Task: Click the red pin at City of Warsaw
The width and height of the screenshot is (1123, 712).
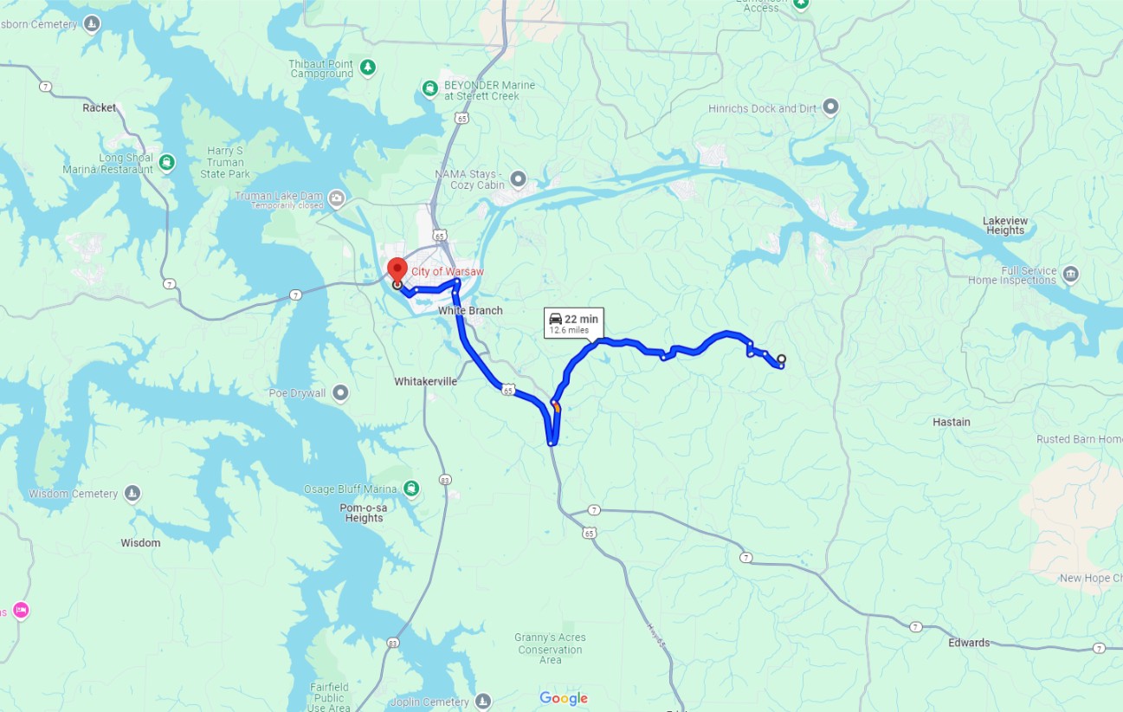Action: tap(397, 269)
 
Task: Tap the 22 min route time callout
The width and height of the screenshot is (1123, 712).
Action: tap(572, 323)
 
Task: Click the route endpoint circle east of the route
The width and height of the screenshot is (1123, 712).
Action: tap(781, 359)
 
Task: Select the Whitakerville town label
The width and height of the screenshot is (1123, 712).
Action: tap(425, 381)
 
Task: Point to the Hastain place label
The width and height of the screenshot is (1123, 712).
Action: tap(951, 422)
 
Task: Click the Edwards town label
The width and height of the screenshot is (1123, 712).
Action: tap(968, 643)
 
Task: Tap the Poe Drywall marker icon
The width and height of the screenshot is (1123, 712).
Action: tap(341, 393)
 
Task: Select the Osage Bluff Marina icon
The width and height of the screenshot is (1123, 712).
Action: tap(411, 489)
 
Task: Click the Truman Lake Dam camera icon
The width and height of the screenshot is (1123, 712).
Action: tap(337, 200)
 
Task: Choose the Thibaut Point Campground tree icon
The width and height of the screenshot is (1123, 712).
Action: tap(368, 68)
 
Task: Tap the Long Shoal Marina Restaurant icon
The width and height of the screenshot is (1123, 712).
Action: tap(167, 162)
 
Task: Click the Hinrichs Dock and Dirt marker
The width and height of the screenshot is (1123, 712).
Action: tap(830, 107)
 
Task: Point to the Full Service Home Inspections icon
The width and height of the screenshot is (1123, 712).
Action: tap(1070, 275)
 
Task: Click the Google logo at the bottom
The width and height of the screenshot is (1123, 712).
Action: tap(564, 698)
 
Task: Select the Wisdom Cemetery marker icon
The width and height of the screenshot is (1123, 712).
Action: tap(132, 494)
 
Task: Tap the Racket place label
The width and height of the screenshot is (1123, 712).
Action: tap(99, 108)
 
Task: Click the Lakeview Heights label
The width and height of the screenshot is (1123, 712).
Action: tap(1004, 225)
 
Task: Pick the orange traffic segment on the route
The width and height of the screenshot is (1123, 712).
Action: tap(556, 406)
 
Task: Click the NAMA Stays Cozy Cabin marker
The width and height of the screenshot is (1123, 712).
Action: tap(518, 179)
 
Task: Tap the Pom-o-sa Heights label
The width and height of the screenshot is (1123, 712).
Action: tap(364, 512)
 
